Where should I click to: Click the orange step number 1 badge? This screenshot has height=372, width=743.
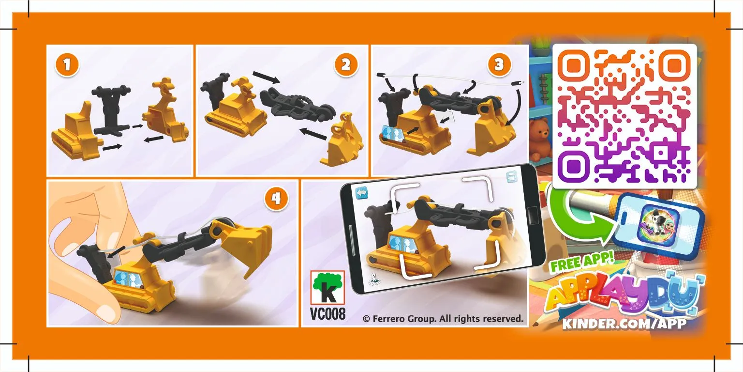coord(67,64)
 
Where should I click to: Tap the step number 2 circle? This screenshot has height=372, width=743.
coord(346,64)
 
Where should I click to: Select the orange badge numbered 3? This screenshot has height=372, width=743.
coord(499,64)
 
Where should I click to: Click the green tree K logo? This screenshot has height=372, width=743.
coord(327,287)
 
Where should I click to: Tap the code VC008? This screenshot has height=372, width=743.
coord(327,313)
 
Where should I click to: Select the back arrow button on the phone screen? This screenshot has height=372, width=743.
coord(362,193)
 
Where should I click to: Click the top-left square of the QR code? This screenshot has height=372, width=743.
coord(574,66)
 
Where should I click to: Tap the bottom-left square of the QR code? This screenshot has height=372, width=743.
coord(574,165)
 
